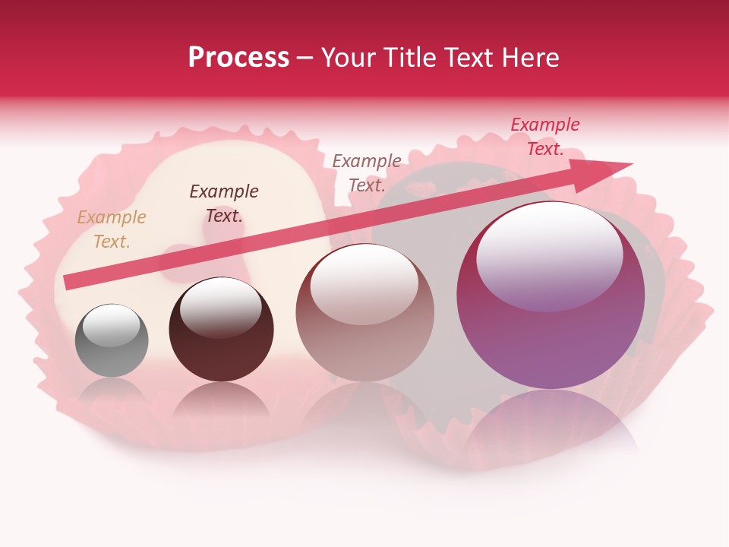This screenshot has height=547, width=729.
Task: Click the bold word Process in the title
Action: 238,58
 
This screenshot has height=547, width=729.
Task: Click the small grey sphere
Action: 112,340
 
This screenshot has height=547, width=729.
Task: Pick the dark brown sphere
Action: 221,330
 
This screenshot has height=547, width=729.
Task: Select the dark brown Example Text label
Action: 224,204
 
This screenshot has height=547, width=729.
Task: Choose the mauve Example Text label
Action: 367,172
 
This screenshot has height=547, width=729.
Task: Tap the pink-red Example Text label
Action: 545,137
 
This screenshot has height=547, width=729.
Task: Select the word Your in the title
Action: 347,58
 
